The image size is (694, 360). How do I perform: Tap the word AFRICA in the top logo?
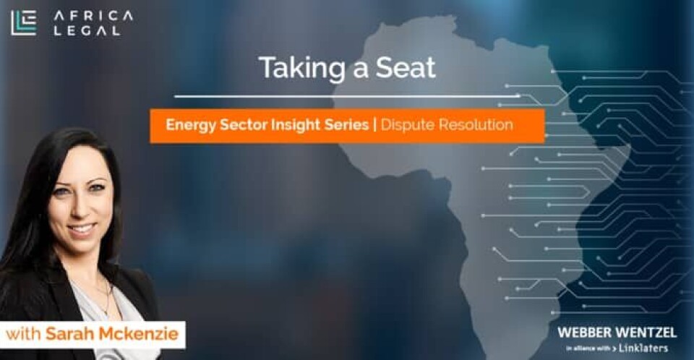coord(93,15)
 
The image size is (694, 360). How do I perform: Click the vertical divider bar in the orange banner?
coord(375,125)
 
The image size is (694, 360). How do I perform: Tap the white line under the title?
coord(347,95)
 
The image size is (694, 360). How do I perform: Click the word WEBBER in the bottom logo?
coord(585,333)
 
